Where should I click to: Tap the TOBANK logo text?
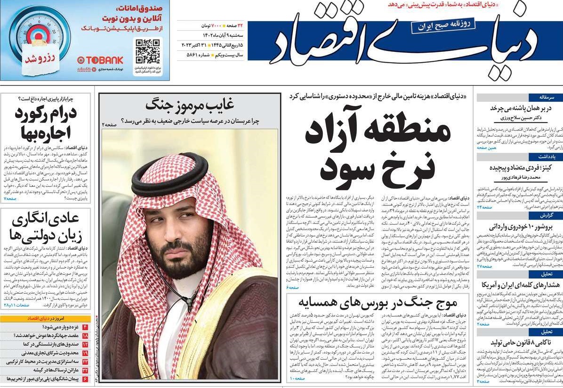click(100, 60)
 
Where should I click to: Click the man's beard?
click(182, 250)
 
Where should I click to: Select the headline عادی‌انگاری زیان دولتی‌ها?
click(47, 227)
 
